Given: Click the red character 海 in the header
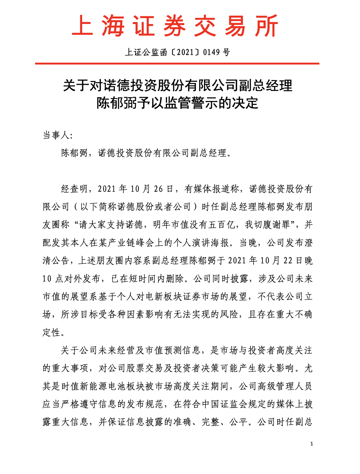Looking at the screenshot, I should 114,26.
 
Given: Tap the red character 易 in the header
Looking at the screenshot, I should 236,26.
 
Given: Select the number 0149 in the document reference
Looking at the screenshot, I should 212,52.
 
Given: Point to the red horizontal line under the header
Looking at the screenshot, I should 177,64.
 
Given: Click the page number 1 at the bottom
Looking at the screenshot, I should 312,444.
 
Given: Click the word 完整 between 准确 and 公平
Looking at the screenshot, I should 210,422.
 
